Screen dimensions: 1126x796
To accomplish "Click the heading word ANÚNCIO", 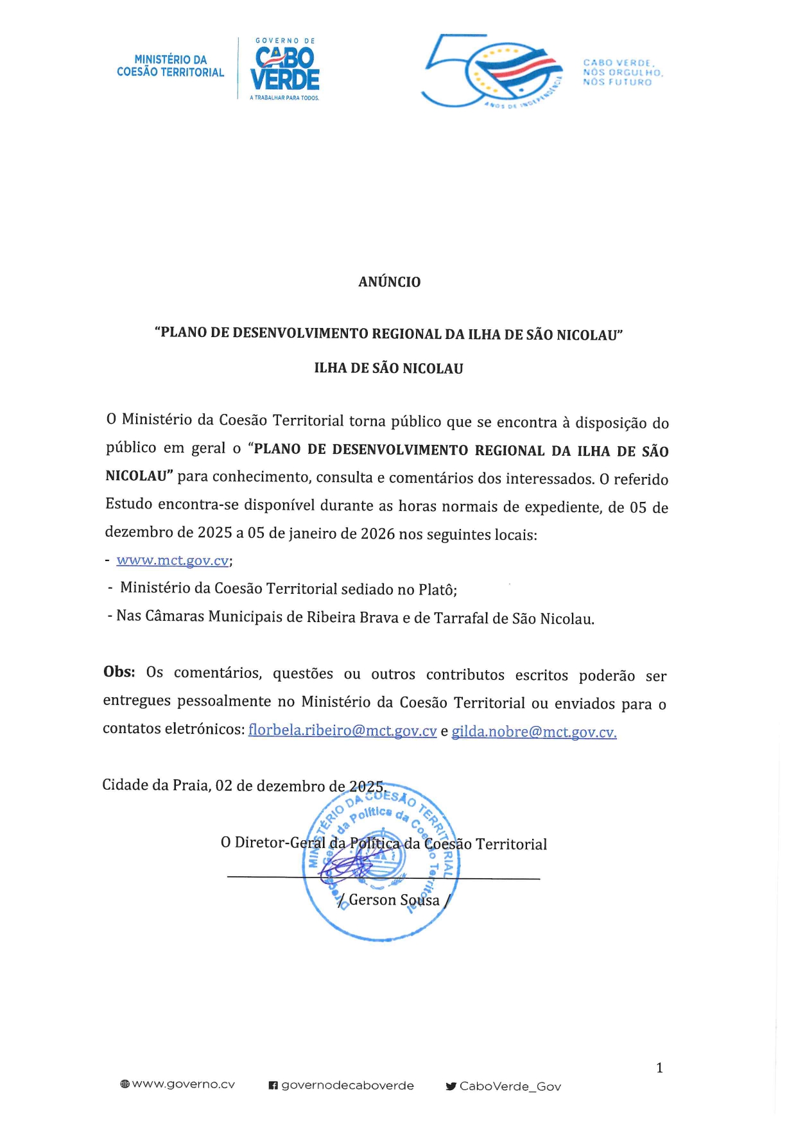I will [389, 282].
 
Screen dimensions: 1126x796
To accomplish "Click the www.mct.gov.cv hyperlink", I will [172, 560].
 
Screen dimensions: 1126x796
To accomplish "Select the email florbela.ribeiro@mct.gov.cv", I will [342, 731].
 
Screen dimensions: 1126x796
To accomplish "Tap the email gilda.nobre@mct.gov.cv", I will [533, 732].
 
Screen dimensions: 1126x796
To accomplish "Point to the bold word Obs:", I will [119, 672].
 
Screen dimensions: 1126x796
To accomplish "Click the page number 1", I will [659, 1068].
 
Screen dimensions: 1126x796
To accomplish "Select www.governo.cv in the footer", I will [183, 1084].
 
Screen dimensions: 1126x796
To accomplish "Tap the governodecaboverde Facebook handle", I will [347, 1086].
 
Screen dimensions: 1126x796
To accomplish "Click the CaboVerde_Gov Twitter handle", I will [510, 1086].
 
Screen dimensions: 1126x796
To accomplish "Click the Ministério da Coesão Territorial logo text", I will [170, 66].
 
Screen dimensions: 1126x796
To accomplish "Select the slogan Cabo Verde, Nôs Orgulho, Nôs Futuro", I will [622, 73].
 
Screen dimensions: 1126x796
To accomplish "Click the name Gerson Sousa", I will [394, 900].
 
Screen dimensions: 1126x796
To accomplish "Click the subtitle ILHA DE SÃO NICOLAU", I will [388, 368].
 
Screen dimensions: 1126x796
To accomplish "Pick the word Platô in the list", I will [437, 589].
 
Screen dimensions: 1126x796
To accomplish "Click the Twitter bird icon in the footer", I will [451, 1086].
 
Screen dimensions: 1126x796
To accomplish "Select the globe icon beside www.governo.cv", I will [125, 1084].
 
